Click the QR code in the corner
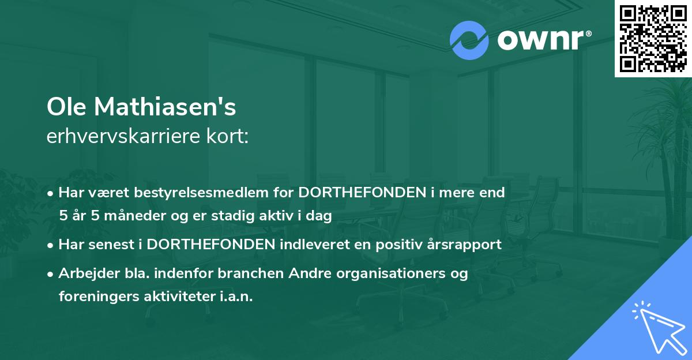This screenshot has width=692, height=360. tap(653, 38)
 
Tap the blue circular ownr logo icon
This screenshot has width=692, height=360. tap(469, 40)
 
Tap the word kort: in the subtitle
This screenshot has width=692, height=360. tap(227, 137)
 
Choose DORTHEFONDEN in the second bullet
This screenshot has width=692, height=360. tap(211, 244)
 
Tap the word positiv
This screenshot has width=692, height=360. tap(393, 244)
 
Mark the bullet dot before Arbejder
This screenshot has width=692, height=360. tap(51, 273)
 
